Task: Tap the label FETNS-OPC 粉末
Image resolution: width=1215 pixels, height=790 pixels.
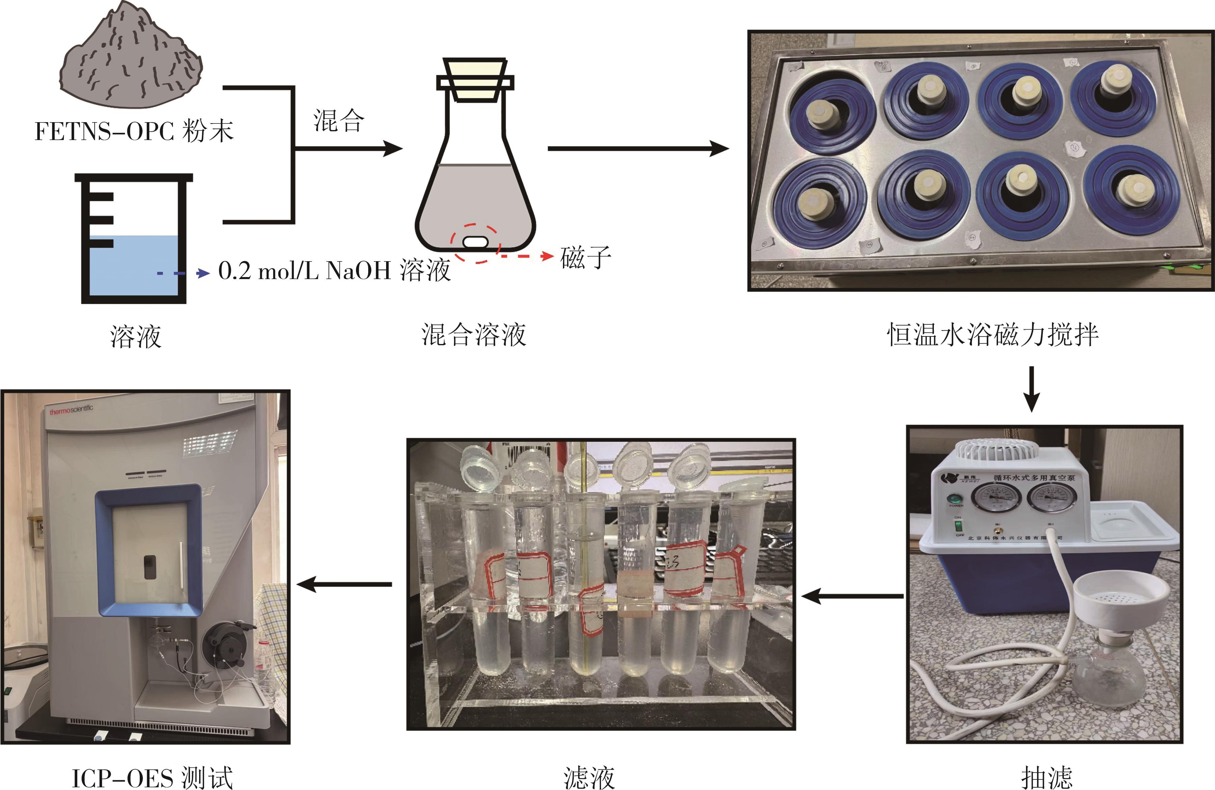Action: click(x=134, y=132)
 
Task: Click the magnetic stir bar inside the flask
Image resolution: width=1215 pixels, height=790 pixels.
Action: click(x=475, y=241)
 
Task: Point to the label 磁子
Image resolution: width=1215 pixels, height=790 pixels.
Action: click(x=586, y=257)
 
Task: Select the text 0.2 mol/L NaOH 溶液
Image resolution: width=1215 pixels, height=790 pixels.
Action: click(x=334, y=271)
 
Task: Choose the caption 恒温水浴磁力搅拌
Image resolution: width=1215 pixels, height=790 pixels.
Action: click(x=993, y=335)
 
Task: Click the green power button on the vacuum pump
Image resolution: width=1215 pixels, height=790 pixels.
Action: click(x=953, y=499)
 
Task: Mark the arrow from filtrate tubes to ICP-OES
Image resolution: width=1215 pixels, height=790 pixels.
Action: click(x=345, y=584)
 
